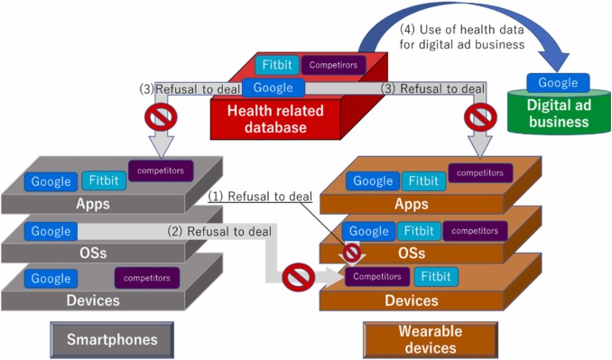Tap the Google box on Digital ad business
tap(558, 83)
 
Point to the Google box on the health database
tap(273, 88)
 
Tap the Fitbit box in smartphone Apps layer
tap(103, 180)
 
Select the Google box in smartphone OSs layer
tap(51, 231)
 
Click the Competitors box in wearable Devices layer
tap(376, 276)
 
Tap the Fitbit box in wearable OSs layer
tap(416, 231)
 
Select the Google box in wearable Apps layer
tap(373, 180)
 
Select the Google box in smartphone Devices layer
tap(51, 278)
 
